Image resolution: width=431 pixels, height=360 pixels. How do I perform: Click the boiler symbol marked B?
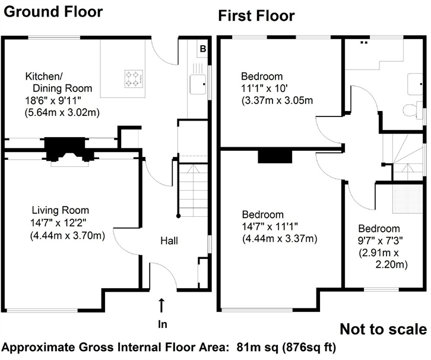[203, 49]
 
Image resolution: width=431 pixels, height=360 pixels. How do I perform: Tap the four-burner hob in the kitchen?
[134, 79]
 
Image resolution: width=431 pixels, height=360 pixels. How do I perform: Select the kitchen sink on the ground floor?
[198, 84]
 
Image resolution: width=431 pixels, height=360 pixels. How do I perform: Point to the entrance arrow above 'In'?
[161, 305]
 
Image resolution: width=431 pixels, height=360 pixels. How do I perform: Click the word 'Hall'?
[169, 241]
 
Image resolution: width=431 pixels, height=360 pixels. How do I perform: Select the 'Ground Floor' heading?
[53, 12]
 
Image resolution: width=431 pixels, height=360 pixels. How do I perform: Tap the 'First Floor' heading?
[256, 15]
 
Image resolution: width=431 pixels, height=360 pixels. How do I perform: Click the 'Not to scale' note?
[384, 329]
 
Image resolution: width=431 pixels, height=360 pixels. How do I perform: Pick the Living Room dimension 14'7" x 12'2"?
[59, 223]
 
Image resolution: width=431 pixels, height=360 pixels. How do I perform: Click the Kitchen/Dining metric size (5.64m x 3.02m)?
[62, 113]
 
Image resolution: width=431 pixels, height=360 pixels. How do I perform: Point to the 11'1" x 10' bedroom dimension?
[264, 89]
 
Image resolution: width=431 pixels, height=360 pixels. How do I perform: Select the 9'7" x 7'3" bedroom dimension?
[380, 241]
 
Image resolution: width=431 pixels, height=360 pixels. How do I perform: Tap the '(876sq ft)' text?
[309, 348]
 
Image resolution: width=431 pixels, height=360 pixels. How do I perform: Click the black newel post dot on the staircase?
[178, 216]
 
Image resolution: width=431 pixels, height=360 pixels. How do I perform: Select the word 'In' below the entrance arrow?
[163, 324]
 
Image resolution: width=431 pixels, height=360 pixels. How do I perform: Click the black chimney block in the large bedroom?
[275, 157]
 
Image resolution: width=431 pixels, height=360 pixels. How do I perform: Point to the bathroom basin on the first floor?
[415, 84]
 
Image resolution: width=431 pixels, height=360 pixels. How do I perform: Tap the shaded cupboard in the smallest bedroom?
[407, 199]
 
